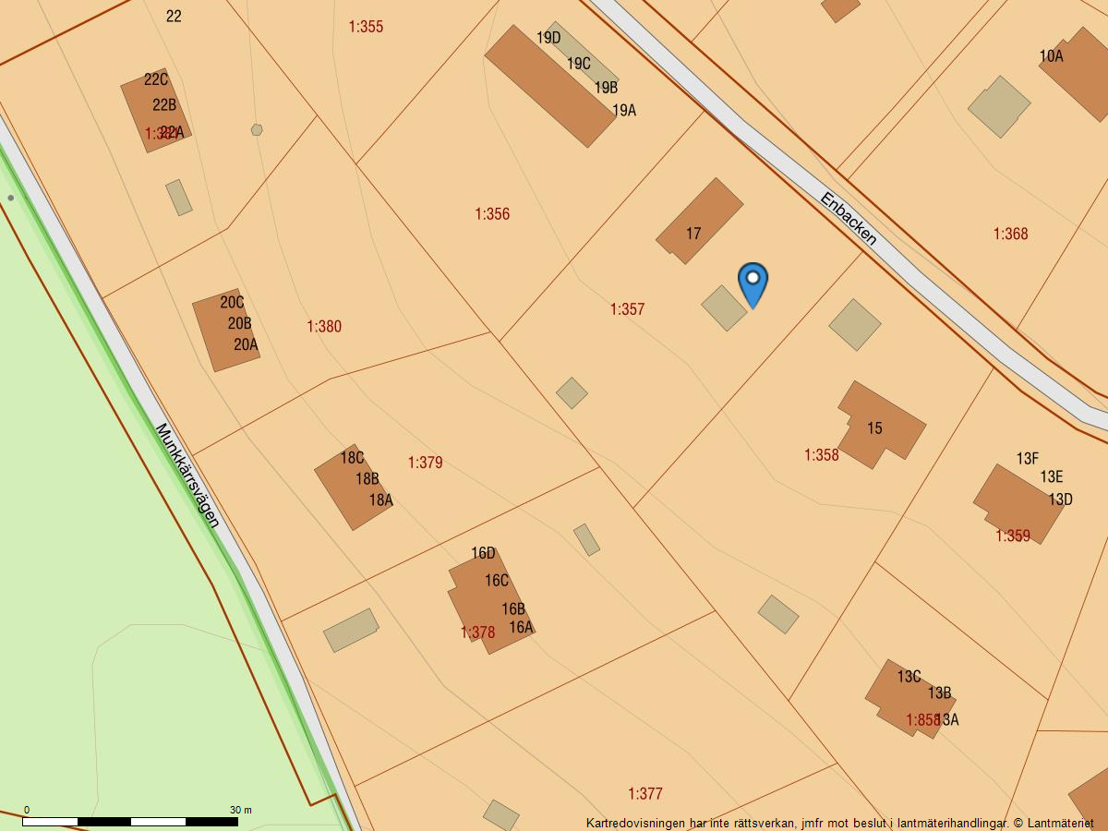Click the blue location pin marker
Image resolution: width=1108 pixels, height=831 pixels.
click(753, 281)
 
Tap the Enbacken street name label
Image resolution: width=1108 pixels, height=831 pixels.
click(848, 219)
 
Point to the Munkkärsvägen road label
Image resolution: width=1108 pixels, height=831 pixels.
click(187, 476)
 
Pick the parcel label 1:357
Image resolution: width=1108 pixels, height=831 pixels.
click(627, 309)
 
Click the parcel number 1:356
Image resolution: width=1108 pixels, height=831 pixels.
click(492, 214)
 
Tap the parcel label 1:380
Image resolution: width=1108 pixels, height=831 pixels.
click(324, 327)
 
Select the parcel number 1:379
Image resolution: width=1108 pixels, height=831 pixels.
click(426, 463)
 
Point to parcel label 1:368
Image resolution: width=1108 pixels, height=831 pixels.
click(1010, 234)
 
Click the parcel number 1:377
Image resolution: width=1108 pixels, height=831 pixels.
click(645, 794)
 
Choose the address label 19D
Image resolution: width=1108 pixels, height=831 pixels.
click(548, 38)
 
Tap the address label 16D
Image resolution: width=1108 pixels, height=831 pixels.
click(483, 554)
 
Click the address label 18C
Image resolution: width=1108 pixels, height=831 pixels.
click(352, 458)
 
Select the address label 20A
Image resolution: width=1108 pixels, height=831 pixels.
click(246, 345)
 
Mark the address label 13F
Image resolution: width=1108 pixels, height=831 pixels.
click(1028, 459)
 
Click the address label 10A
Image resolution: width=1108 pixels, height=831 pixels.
click(1051, 56)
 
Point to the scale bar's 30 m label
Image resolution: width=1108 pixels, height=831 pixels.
click(240, 810)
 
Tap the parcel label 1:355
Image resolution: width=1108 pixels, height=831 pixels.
click(366, 27)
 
